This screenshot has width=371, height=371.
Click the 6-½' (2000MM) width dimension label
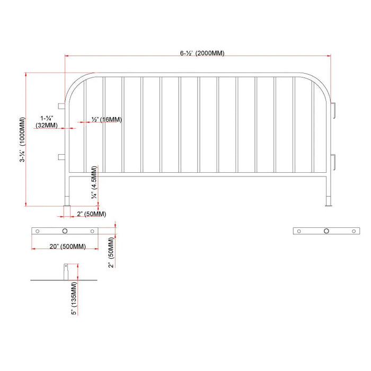click(x=202, y=54)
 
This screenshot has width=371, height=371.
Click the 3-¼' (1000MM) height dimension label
click(x=22, y=140)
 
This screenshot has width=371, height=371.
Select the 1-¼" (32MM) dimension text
click(x=46, y=122)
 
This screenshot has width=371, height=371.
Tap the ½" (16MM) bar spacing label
click(x=107, y=120)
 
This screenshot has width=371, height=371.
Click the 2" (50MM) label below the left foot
click(x=91, y=214)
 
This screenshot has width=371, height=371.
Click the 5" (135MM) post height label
click(x=74, y=298)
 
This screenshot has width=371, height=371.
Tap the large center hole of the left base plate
click(x=65, y=231)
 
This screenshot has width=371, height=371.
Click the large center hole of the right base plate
click(x=326, y=231)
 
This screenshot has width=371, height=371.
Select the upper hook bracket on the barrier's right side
click(x=333, y=108)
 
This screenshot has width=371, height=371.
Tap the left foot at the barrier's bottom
click(x=67, y=201)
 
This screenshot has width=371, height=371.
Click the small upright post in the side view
click(x=65, y=271)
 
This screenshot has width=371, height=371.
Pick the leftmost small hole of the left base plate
click(x=38, y=231)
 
